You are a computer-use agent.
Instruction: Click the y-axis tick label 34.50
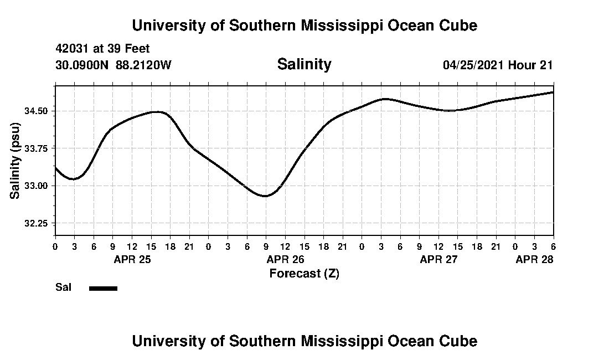37,111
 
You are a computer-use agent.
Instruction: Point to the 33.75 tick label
37,148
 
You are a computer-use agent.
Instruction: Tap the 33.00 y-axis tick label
37,186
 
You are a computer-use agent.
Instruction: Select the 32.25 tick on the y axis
37,223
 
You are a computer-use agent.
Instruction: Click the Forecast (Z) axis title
304,273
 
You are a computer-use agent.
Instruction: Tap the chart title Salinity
304,64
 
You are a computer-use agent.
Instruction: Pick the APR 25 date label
133,259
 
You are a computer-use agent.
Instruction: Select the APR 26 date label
286,259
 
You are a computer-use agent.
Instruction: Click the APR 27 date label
439,259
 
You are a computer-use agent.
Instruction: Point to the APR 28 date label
534,259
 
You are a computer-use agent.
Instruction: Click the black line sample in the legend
103,288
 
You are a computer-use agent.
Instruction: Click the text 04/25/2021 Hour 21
498,65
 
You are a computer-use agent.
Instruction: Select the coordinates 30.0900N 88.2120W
113,65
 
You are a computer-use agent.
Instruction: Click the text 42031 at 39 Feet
102,49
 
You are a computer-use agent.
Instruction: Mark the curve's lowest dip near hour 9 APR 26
266,196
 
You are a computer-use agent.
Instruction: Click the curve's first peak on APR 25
158,112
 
